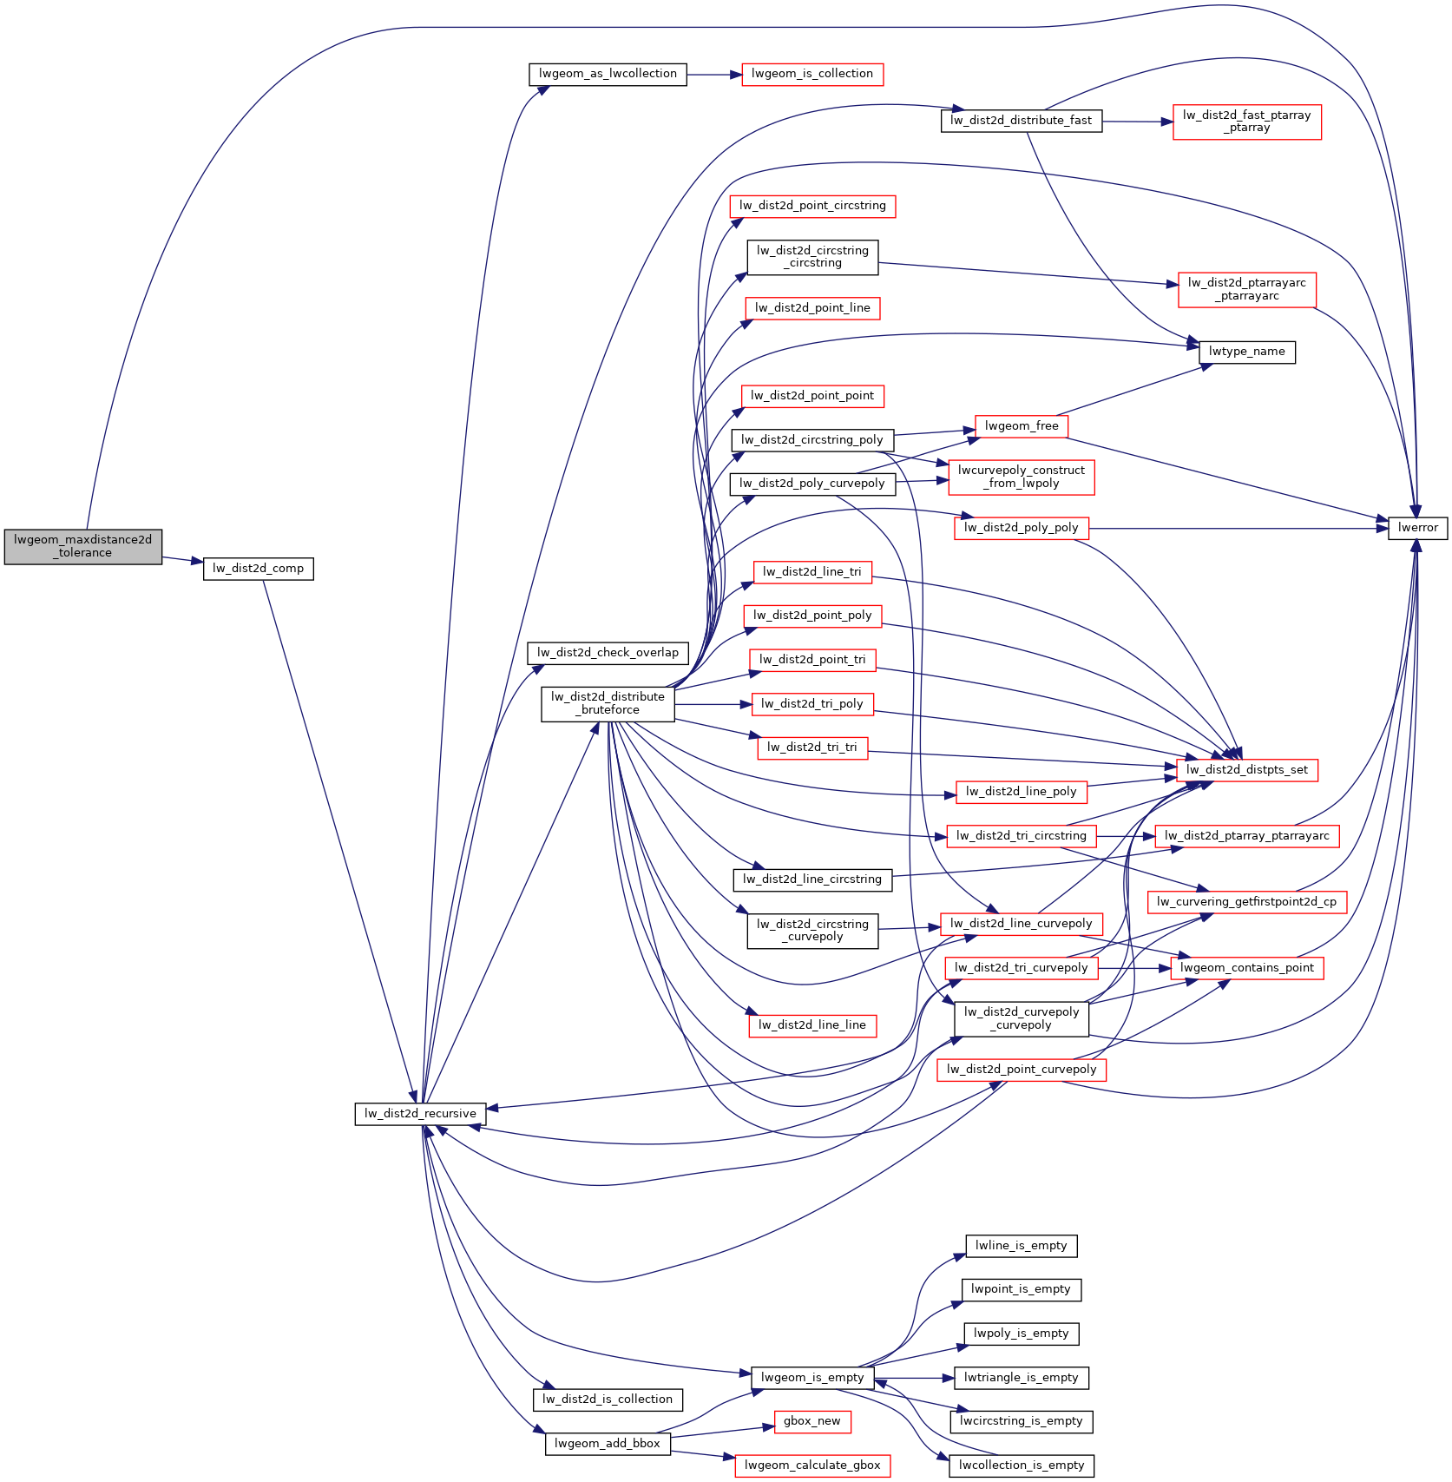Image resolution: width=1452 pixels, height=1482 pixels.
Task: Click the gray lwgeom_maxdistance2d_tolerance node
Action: click(x=82, y=546)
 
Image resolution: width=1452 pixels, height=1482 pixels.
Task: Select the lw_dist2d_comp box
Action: click(x=258, y=569)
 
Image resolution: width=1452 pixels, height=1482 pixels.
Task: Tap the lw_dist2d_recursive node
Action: click(x=420, y=1113)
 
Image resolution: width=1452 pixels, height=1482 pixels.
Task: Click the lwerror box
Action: click(x=1417, y=527)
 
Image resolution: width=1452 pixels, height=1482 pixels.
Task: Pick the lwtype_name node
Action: click(x=1246, y=352)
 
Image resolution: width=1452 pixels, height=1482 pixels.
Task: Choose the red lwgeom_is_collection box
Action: click(x=811, y=74)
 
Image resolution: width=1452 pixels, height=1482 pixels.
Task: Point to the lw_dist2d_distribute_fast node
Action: click(x=1021, y=121)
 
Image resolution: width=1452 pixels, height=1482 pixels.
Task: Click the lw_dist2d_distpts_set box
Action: click(x=1246, y=769)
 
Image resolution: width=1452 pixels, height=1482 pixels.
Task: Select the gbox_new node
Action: click(x=811, y=1421)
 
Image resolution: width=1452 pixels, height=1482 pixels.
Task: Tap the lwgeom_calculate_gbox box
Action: click(x=811, y=1466)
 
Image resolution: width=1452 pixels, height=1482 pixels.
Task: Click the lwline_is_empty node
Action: click(x=1021, y=1246)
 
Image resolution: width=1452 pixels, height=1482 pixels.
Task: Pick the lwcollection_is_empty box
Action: click(x=1021, y=1466)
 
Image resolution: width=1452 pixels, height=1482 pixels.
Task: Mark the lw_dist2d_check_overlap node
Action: click(x=608, y=653)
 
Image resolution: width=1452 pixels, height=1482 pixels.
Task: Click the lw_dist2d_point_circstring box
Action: click(x=811, y=206)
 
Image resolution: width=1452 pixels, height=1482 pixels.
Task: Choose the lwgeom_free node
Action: click(x=1021, y=426)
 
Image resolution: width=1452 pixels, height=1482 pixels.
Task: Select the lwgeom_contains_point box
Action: click(x=1246, y=968)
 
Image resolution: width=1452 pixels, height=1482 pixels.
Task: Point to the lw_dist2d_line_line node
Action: click(x=811, y=1025)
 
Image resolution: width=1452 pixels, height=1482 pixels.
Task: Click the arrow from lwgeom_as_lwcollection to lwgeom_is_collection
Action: click(x=713, y=75)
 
